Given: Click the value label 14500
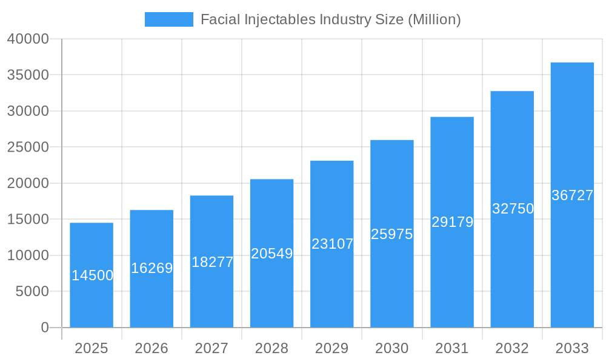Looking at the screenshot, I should (92, 275).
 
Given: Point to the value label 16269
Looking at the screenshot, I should (152, 268).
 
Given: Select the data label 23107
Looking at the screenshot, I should (332, 244).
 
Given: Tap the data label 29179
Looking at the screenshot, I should (452, 222).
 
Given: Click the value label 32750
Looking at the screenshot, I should (513, 209).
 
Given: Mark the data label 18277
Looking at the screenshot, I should (212, 262).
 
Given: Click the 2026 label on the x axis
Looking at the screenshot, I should (151, 348).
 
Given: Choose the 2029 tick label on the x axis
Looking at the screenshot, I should (332, 348).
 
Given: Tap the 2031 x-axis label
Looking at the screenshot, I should (452, 348).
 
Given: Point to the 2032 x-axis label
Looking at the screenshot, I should (512, 348).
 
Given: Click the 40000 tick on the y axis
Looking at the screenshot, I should (28, 39).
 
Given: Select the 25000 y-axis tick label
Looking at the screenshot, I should (28, 147).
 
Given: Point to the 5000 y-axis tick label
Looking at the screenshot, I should (32, 292).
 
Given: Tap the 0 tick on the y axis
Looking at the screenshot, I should (45, 328).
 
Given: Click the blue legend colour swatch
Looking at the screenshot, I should (168, 19).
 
